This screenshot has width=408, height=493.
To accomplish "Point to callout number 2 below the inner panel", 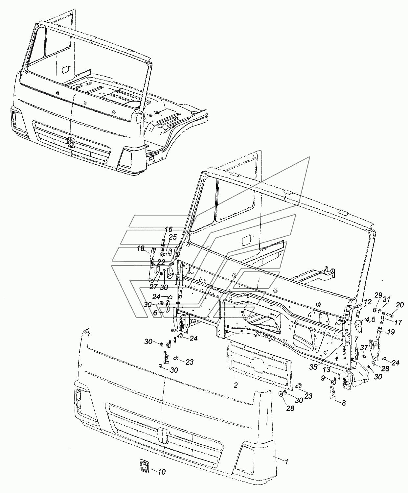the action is click(x=236, y=385).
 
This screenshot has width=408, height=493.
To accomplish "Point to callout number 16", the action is click(x=169, y=229).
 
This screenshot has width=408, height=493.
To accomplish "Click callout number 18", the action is click(x=141, y=248).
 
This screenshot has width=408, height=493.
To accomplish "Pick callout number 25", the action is click(x=172, y=237).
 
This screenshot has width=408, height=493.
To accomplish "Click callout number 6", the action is click(x=155, y=313).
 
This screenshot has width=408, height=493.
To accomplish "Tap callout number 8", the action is click(x=344, y=403).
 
